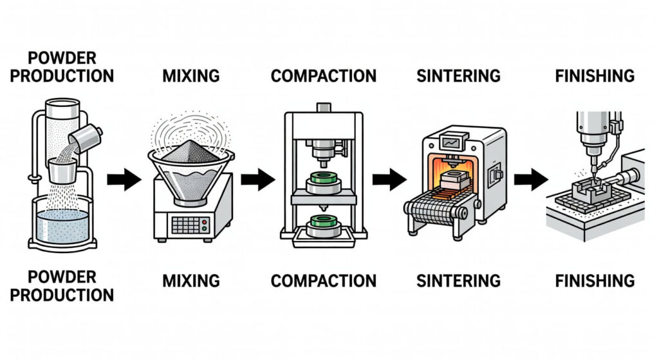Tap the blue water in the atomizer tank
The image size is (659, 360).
62,225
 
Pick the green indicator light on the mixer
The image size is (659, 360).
205,229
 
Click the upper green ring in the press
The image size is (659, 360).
324,178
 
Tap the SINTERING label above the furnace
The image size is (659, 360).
458,75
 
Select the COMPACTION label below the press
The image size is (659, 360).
323,281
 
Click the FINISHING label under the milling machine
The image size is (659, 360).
594,281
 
